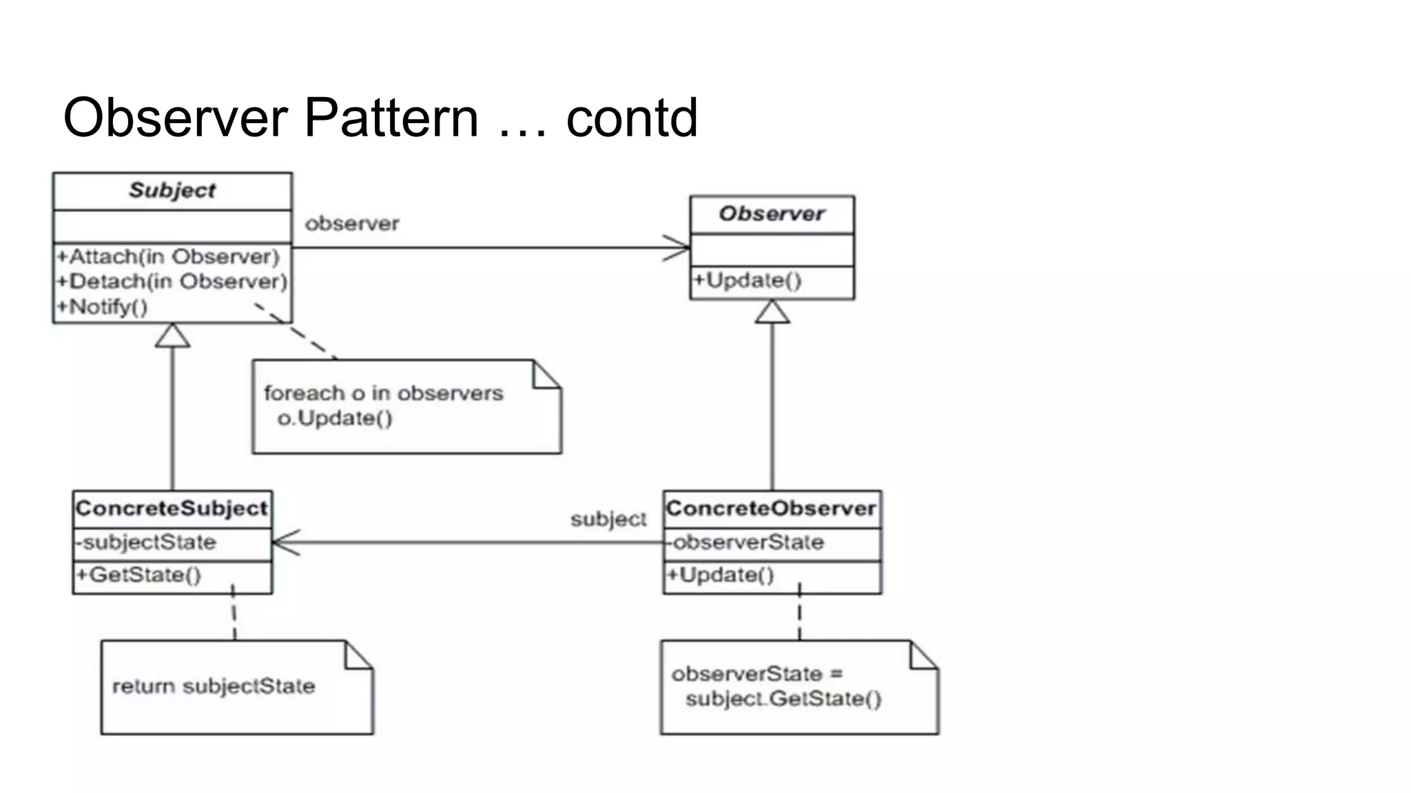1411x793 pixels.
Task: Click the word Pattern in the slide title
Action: [x=391, y=118]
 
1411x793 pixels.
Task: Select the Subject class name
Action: [x=172, y=191]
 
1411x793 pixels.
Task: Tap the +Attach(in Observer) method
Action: [x=168, y=257]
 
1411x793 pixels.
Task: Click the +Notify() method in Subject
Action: [x=102, y=307]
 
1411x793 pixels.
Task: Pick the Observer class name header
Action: [x=772, y=214]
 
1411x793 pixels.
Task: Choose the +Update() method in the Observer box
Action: [x=748, y=281]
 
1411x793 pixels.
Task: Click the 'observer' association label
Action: [x=352, y=224]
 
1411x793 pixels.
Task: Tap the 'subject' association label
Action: [x=608, y=519]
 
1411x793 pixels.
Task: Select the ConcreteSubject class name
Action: [x=172, y=509]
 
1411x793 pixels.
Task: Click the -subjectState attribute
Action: [x=146, y=542]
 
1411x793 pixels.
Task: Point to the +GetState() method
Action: [x=138, y=575]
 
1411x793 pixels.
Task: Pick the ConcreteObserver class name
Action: [x=771, y=509]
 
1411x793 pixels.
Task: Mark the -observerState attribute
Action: [x=745, y=542]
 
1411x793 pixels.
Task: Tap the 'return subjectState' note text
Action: [x=214, y=686]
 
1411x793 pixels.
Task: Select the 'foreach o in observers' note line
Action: [x=384, y=393]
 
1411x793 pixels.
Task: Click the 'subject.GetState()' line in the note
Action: [x=783, y=699]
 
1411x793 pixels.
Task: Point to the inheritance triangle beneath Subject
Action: [x=172, y=336]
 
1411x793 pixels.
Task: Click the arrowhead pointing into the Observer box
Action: [x=678, y=248]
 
